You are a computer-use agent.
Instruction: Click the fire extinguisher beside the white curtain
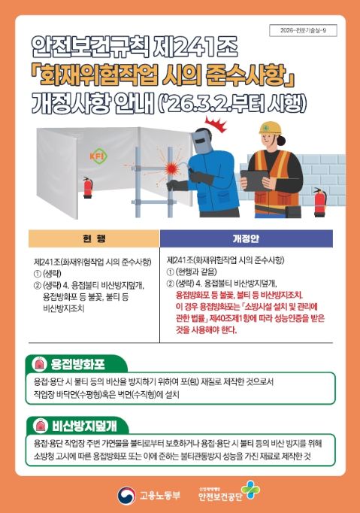pyautogui.click(x=87, y=187)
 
